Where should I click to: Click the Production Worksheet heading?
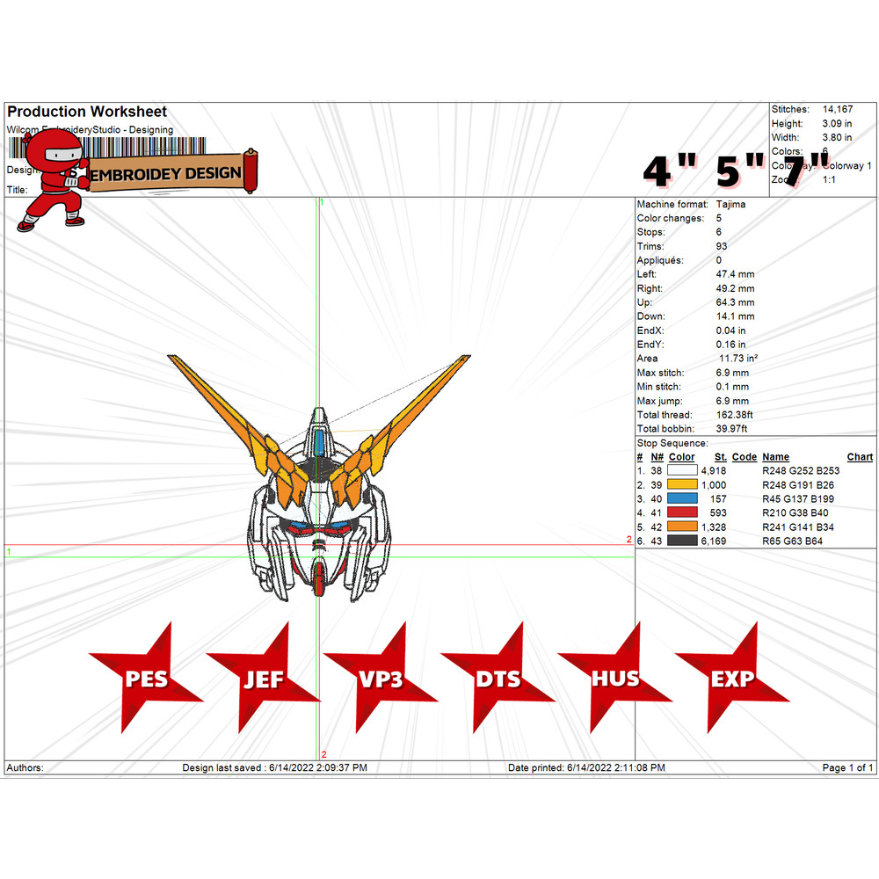pyautogui.click(x=87, y=112)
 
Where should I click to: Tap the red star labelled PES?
pyautogui.click(x=145, y=679)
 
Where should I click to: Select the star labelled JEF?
pyautogui.click(x=263, y=679)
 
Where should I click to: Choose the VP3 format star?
pyautogui.click(x=380, y=679)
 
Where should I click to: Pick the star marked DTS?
pyautogui.click(x=498, y=679)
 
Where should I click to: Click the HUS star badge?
pyautogui.click(x=614, y=679)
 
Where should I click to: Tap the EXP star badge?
pyautogui.click(x=732, y=679)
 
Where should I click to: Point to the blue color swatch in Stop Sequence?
pyautogui.click(x=682, y=498)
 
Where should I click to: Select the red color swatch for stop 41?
pyautogui.click(x=682, y=512)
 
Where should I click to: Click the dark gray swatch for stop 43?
pyautogui.click(x=682, y=541)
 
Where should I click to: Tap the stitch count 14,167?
pyautogui.click(x=838, y=109)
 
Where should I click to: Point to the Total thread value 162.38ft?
pyautogui.click(x=735, y=415)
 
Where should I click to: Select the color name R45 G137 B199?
pyautogui.click(x=799, y=498)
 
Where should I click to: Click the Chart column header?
pyautogui.click(x=860, y=457)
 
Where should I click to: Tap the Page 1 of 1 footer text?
pyautogui.click(x=847, y=767)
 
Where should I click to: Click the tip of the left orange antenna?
pyautogui.click(x=171, y=357)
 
